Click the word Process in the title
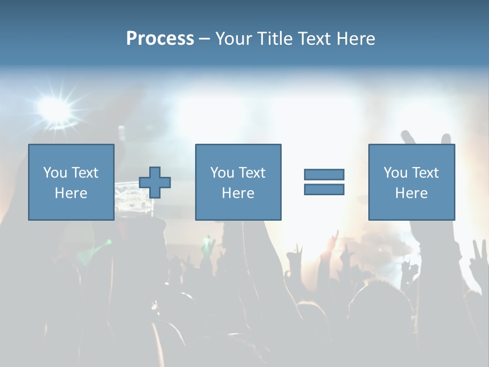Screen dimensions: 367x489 160,39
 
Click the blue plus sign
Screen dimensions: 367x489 155,182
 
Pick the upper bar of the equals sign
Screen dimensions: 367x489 324,174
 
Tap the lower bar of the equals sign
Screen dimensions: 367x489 324,190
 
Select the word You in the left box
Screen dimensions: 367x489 55,173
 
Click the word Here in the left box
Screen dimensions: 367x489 71,193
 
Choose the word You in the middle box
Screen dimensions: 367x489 222,173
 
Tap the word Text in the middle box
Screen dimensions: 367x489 252,173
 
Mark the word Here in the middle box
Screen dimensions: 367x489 238,193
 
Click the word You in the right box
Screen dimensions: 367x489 395,173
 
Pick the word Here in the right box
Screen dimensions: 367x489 412,193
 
